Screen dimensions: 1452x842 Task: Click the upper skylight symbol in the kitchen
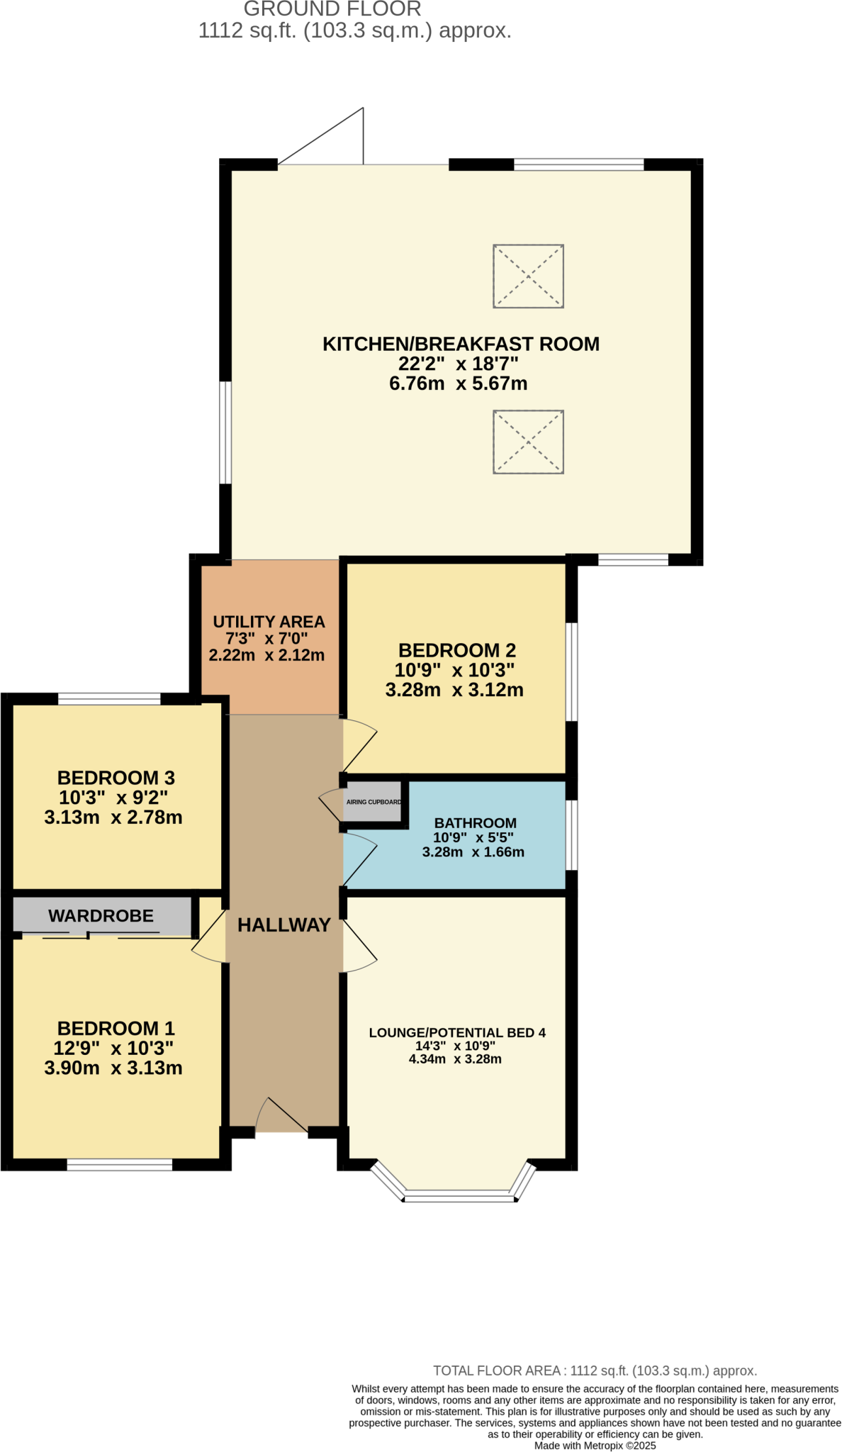528,277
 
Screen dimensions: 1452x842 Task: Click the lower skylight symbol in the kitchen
528,442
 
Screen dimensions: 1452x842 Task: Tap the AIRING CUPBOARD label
374,802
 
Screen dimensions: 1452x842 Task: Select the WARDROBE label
101,915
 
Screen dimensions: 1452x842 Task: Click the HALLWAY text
284,925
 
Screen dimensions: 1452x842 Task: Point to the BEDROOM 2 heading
456,650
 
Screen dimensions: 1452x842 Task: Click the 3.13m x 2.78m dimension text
113,817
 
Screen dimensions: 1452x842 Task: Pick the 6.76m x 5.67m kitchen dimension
458,384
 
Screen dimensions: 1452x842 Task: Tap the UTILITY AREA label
269,622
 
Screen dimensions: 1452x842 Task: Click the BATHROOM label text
475,823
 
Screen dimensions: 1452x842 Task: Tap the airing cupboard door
330,805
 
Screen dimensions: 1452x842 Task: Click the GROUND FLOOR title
332,9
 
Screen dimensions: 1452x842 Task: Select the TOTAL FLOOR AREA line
595,1370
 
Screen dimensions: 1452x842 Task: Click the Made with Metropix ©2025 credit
595,1446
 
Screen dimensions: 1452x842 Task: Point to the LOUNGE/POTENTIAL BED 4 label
457,1033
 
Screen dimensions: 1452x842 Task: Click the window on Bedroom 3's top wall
109,699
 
